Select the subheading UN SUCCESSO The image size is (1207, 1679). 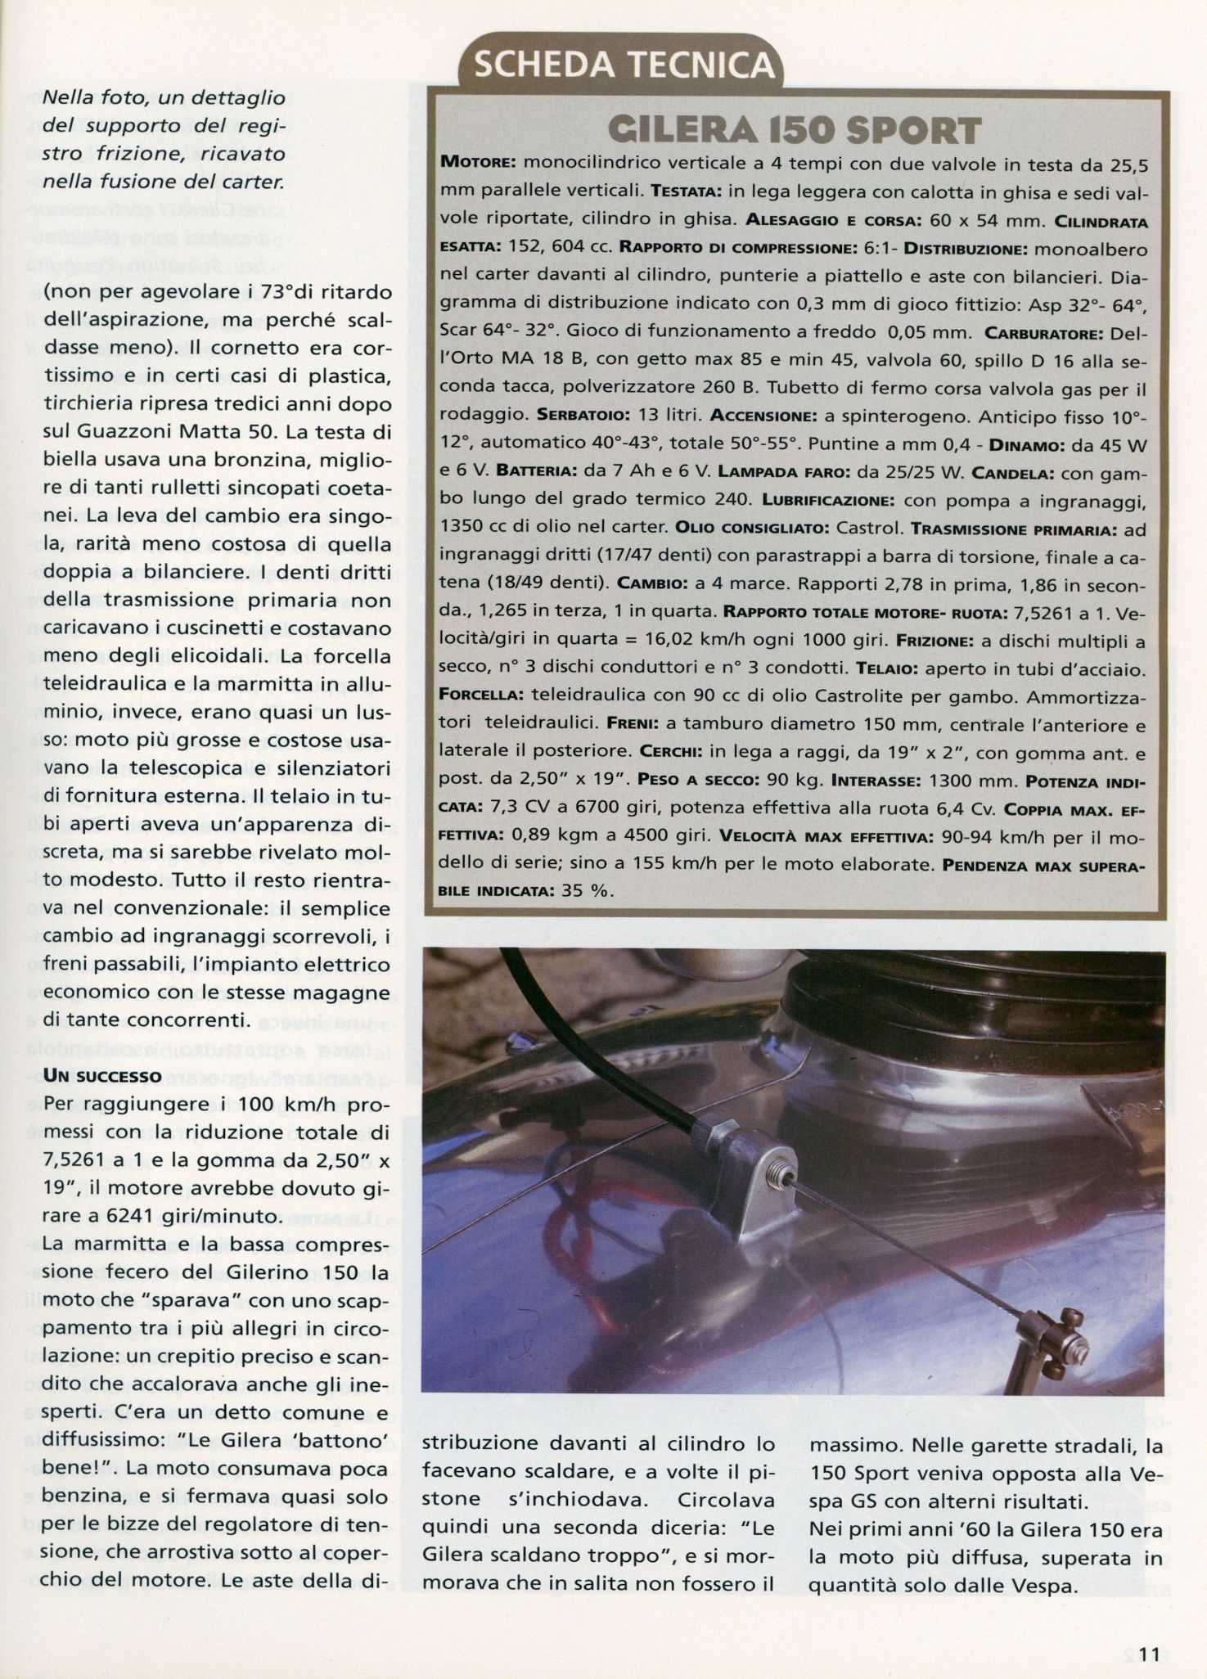pyautogui.click(x=102, y=1075)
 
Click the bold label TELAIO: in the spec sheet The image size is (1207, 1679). pyautogui.click(x=889, y=669)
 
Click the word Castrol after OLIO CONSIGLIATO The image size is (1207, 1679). pyautogui.click(x=867, y=529)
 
